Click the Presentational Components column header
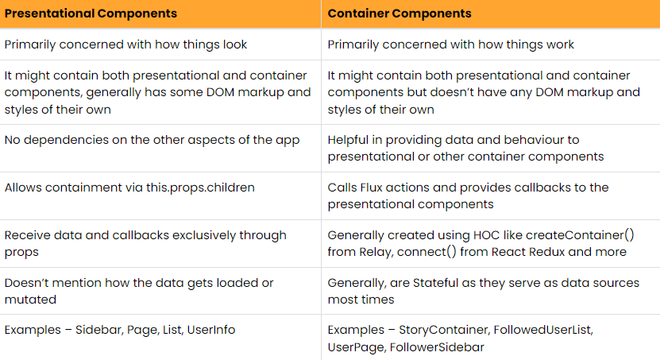point(91,14)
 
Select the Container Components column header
point(399,14)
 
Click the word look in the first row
point(235,45)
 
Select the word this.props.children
point(200,188)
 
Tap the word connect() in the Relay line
point(426,252)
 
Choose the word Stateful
point(436,283)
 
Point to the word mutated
point(30,300)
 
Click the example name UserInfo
point(211,330)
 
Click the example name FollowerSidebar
point(437,347)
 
